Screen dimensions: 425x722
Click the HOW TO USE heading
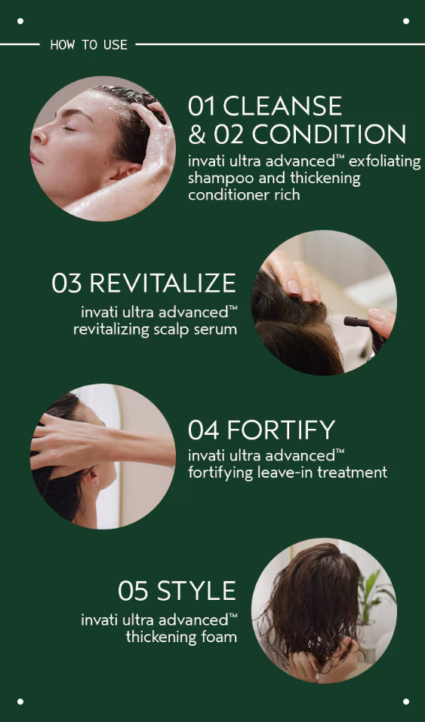point(88,44)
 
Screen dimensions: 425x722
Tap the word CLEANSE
point(282,106)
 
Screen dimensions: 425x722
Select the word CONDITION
point(328,134)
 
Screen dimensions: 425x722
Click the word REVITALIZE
point(162,283)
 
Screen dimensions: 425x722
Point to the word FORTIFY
point(281,430)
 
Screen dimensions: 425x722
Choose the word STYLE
point(196,591)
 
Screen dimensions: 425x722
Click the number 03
point(67,283)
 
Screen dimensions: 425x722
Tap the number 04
point(204,430)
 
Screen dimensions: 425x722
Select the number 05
point(134,591)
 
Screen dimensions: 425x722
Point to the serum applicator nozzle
point(357,321)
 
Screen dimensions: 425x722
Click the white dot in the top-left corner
point(20,20)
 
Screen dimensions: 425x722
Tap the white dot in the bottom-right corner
point(405,702)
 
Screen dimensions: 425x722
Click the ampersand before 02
point(197,134)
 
